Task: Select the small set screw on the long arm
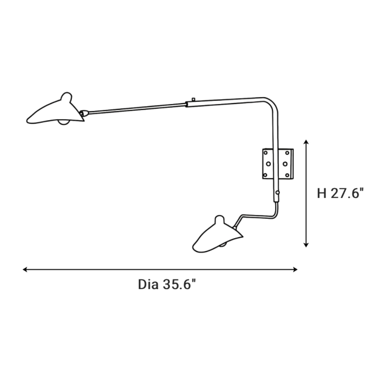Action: tap(193, 99)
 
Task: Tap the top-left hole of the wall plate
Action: tap(265, 153)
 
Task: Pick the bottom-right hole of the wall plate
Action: tap(287, 175)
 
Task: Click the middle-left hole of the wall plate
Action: tap(268, 164)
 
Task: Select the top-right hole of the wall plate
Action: tap(287, 153)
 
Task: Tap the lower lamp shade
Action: tap(216, 236)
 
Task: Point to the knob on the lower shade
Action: tap(220, 220)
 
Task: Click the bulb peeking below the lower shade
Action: tap(223, 245)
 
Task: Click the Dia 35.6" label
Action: tap(167, 284)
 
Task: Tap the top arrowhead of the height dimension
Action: tap(306, 142)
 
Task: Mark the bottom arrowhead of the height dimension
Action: tap(306, 245)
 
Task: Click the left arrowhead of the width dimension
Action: tap(25, 269)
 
